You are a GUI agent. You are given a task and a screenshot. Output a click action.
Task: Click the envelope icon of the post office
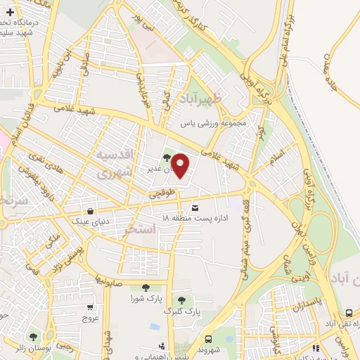(195, 207)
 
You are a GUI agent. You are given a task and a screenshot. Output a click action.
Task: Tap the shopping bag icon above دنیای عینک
(90, 210)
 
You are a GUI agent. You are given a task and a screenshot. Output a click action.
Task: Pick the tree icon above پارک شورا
(146, 287)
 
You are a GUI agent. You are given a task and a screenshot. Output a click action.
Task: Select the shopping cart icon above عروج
(90, 307)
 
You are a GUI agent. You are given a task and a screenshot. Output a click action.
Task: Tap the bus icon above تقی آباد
(349, 312)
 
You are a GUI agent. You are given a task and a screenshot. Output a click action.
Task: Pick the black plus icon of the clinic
(10, 12)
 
